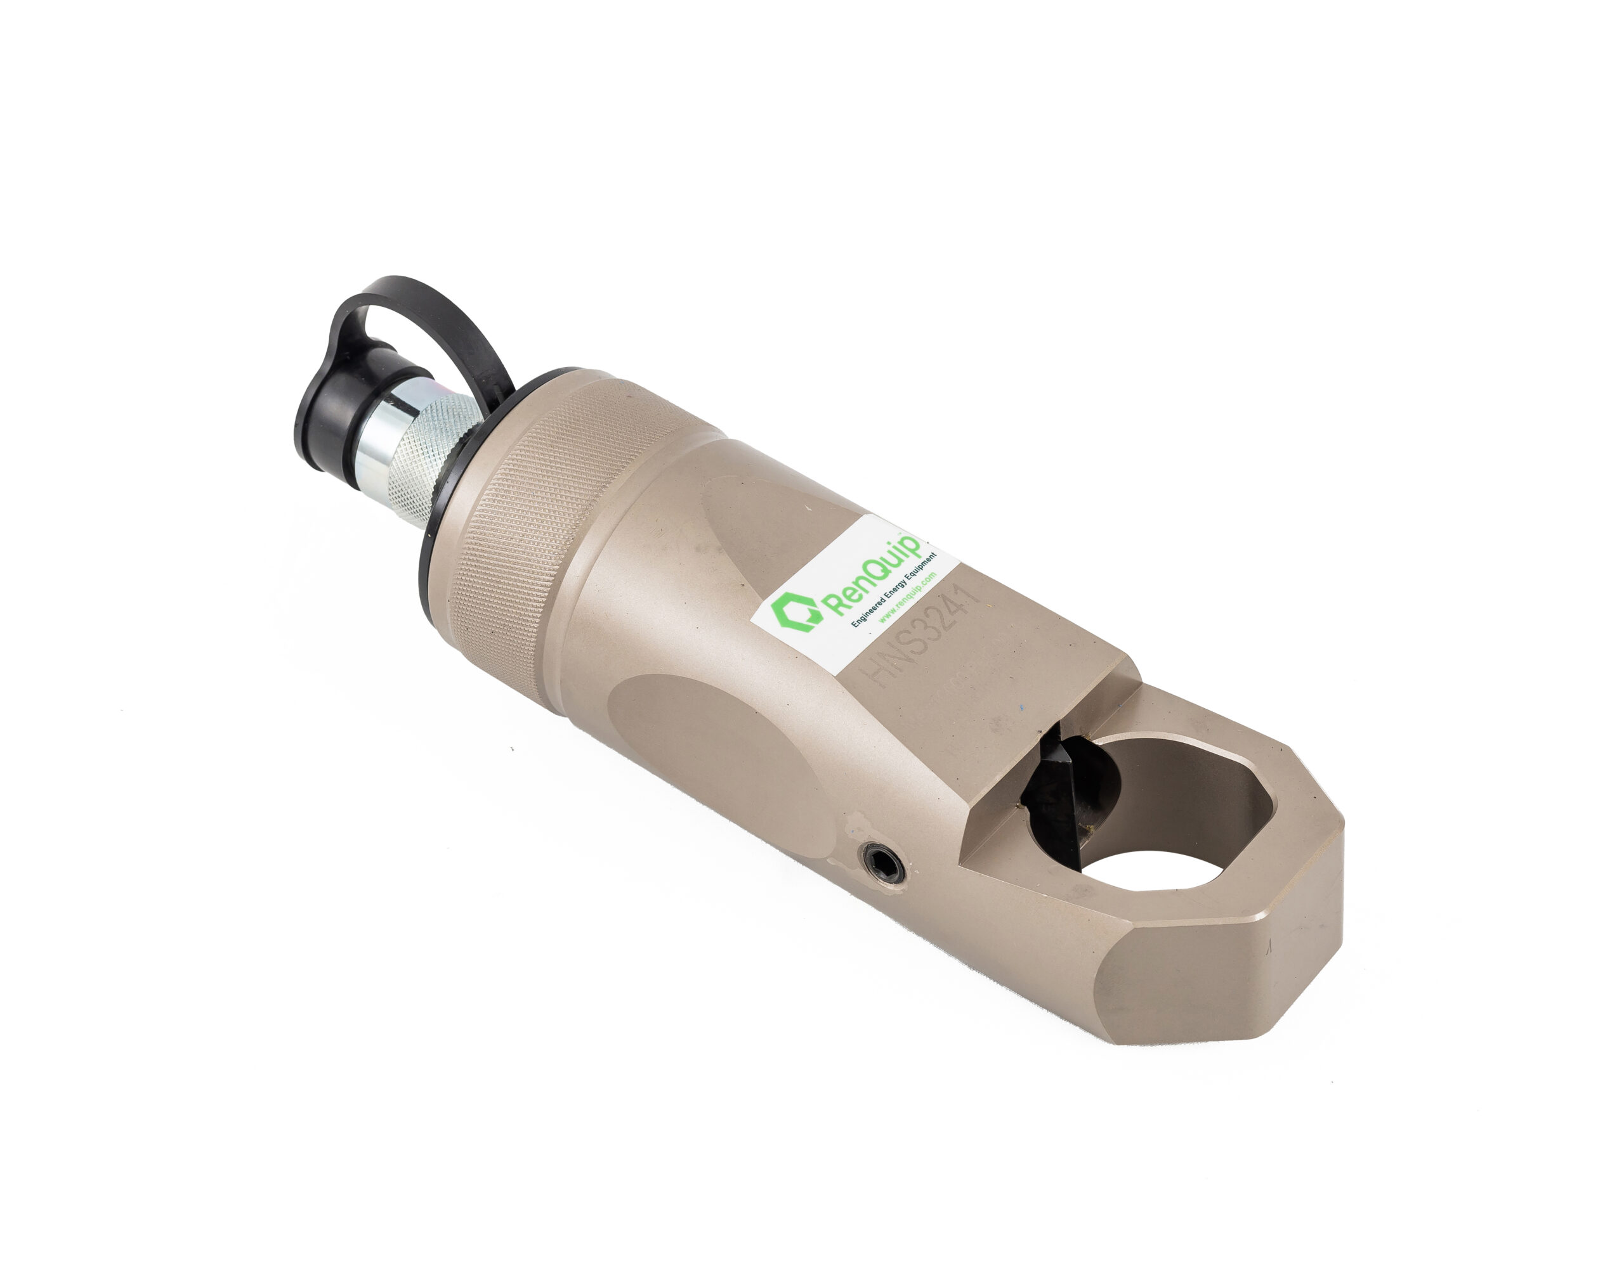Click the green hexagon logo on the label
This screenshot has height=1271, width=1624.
click(797, 612)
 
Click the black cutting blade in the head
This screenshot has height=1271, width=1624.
click(1051, 799)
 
